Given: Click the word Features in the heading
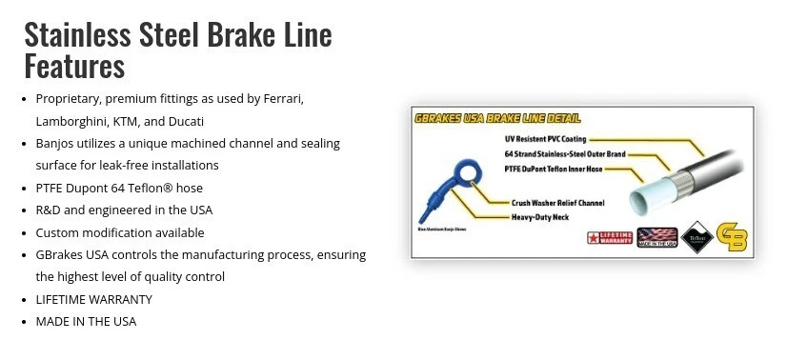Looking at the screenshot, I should click(x=74, y=66).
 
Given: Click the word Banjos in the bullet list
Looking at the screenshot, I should click(x=57, y=143).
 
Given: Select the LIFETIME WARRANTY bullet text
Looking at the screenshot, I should click(x=93, y=299).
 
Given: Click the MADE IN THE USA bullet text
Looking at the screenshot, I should click(x=86, y=321).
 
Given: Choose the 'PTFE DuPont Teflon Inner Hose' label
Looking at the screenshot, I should click(x=554, y=169).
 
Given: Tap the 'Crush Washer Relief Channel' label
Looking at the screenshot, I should click(x=559, y=202).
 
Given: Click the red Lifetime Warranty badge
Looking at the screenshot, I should click(x=605, y=237).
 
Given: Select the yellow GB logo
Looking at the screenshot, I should click(x=730, y=237).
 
